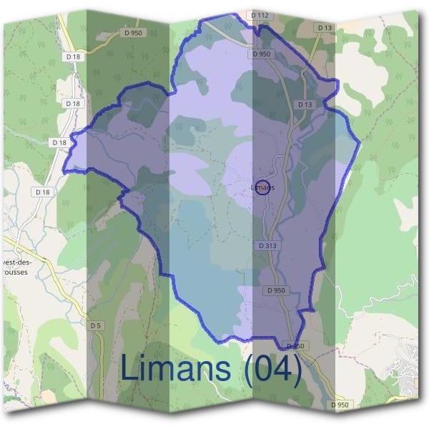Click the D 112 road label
pyautogui.click(x=260, y=14)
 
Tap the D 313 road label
pyautogui.click(x=265, y=245)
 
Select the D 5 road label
pyautogui.click(x=96, y=325)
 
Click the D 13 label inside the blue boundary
pyautogui.click(x=305, y=104)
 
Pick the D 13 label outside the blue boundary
pyautogui.click(x=324, y=28)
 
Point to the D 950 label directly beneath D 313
pyautogui.click(x=276, y=290)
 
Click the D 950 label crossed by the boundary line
pyautogui.click(x=295, y=346)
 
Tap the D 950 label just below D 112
pyautogui.click(x=262, y=54)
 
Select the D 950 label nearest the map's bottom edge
pyautogui.click(x=341, y=405)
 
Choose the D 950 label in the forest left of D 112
pyautogui.click(x=134, y=32)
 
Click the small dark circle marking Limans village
pyautogui.click(x=262, y=187)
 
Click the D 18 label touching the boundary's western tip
pyautogui.click(x=59, y=142)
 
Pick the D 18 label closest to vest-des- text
pyautogui.click(x=43, y=192)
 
